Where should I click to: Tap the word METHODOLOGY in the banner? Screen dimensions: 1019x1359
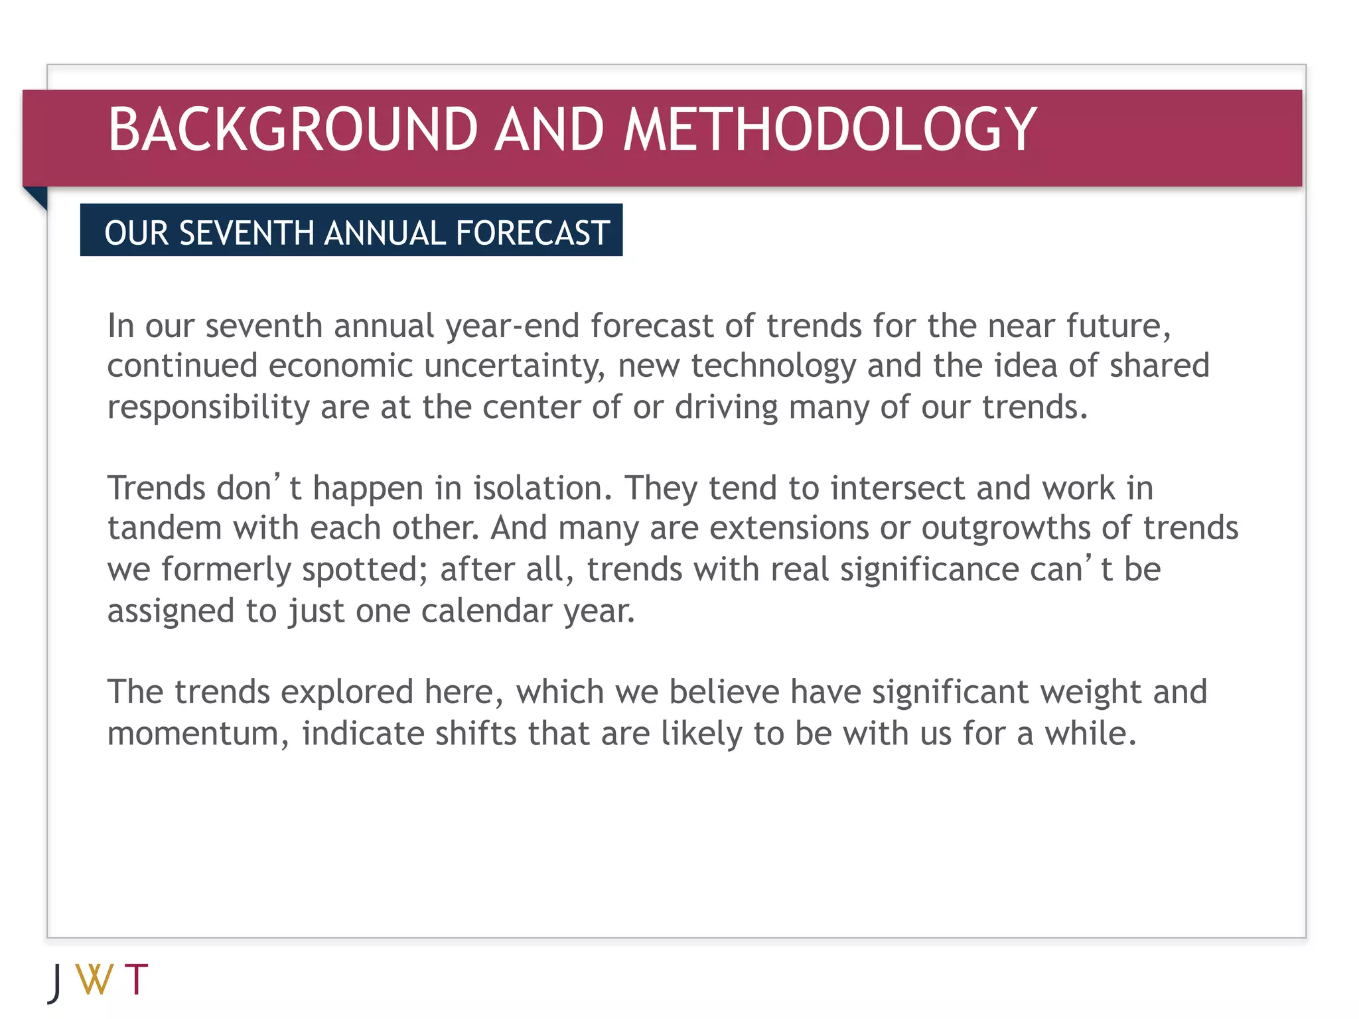click(x=829, y=129)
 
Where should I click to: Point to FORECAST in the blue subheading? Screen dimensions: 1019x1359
click(x=533, y=233)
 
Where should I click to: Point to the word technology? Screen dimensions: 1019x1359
click(x=774, y=367)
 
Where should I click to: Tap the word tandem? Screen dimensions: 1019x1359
click(x=165, y=529)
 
